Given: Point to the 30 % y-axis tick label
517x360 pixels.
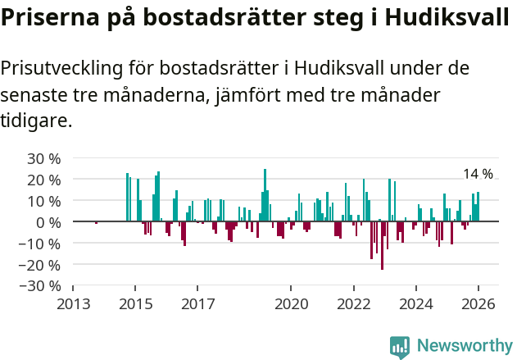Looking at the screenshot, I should pyautogui.click(x=44, y=158).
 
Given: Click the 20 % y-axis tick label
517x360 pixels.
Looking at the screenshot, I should pyautogui.click(x=44, y=180).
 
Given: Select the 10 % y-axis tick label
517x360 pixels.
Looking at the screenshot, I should pyautogui.click(x=44, y=201).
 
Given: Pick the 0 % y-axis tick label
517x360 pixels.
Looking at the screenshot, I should pyautogui.click(x=48, y=222).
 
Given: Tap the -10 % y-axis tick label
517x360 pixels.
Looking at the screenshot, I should pyautogui.click(x=41, y=244).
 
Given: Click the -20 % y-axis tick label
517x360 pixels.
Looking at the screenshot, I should pyautogui.click(x=41, y=265).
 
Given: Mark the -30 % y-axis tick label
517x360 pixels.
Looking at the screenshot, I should pyautogui.click(x=41, y=286).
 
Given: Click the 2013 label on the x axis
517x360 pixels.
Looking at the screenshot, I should pyautogui.click(x=73, y=304).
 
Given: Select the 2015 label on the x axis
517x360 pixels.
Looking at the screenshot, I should pyautogui.click(x=135, y=304).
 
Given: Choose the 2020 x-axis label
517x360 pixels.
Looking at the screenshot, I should pyautogui.click(x=291, y=304).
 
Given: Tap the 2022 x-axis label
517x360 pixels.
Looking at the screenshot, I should pyautogui.click(x=353, y=304).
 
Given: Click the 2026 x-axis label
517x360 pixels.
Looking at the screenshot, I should pyautogui.click(x=478, y=304).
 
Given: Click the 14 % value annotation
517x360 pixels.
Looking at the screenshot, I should pyautogui.click(x=478, y=174).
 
